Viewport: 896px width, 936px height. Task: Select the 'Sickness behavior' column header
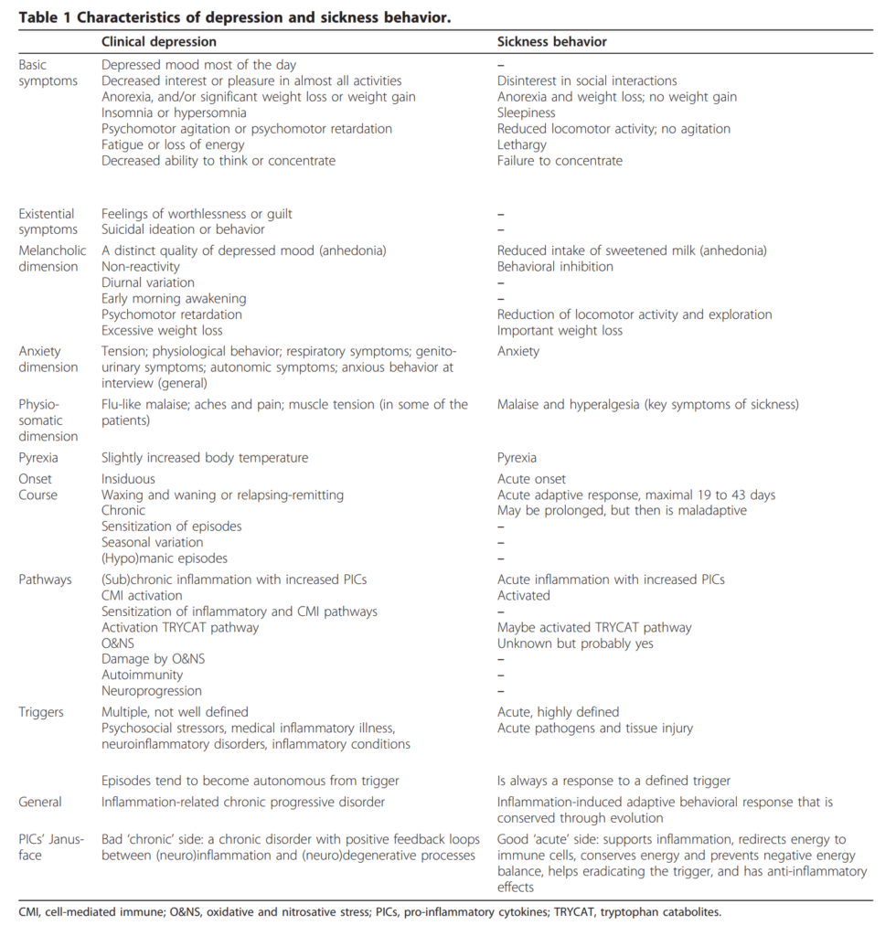point(552,42)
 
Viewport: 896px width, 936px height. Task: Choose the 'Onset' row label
point(36,479)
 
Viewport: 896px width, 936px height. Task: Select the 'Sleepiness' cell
point(527,113)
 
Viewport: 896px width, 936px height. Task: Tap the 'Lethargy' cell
point(522,144)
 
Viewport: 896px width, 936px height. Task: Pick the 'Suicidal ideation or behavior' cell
point(183,229)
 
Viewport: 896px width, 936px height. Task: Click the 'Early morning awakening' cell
point(174,299)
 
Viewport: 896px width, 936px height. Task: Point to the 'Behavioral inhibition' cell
point(555,267)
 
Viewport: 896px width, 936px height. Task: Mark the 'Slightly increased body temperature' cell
point(205,457)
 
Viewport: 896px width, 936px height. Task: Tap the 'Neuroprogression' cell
point(152,691)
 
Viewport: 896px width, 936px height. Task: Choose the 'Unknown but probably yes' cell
point(575,643)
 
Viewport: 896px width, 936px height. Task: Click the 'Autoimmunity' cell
point(142,675)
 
